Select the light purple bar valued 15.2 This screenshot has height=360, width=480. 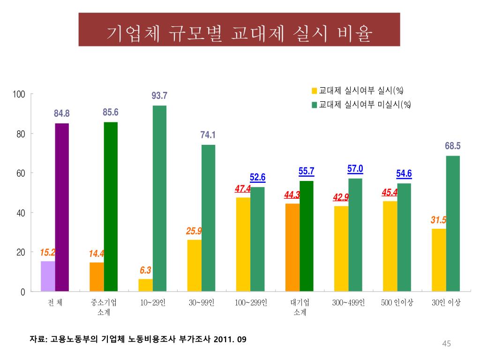(x=48, y=276)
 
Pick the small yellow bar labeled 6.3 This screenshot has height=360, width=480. (x=146, y=285)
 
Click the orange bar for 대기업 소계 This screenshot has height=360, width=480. (x=292, y=247)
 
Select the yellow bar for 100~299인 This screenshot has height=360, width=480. (x=243, y=244)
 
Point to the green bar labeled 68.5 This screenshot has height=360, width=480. (x=453, y=223)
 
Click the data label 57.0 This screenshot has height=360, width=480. (x=355, y=169)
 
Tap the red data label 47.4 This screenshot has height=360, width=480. (x=243, y=189)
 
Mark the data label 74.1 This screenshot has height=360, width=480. (x=208, y=135)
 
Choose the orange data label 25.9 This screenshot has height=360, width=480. (x=194, y=231)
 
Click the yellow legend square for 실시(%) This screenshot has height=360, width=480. (x=315, y=90)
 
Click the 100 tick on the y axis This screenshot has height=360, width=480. (x=19, y=94)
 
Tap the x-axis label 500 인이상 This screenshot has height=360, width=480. (x=397, y=303)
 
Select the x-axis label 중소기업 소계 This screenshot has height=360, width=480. (x=104, y=307)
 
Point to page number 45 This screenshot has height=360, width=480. (x=446, y=345)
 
